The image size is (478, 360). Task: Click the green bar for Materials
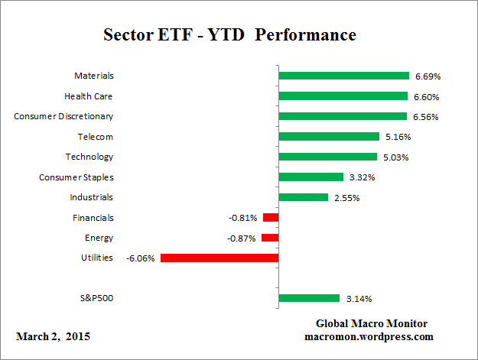(343, 76)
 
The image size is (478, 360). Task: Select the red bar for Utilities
(219, 258)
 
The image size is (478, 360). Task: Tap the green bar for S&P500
(309, 298)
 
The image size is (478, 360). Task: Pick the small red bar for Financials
(270, 218)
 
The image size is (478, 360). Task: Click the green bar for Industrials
(303, 197)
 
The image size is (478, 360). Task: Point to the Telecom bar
(329, 137)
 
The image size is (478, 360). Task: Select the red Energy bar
(270, 238)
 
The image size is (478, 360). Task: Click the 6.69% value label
(428, 76)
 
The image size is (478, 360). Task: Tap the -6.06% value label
(141, 258)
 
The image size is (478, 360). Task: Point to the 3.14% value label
(359, 299)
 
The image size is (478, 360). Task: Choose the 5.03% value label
(395, 157)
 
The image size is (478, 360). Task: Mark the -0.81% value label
(243, 218)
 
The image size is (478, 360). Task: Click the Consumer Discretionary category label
(63, 116)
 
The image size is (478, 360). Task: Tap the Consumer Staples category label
(76, 177)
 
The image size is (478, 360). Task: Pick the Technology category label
(89, 157)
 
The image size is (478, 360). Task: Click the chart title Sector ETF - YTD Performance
(229, 36)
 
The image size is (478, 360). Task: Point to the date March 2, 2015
(53, 336)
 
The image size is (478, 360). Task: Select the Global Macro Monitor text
(372, 323)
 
